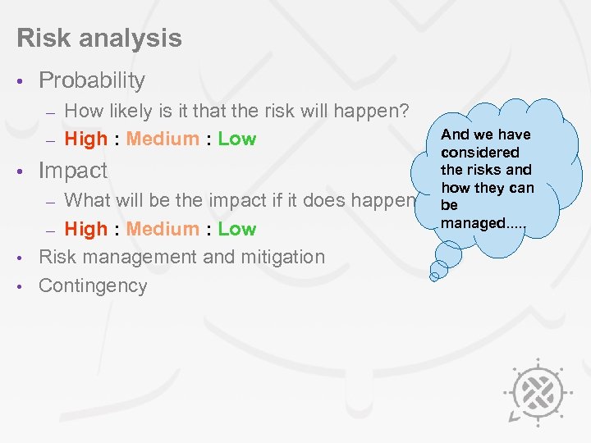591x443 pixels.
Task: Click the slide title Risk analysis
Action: point(98,38)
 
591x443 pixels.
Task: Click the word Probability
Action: point(92,80)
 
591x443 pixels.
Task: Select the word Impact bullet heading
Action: point(73,171)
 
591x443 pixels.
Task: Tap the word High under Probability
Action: point(85,139)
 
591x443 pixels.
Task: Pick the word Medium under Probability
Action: point(163,139)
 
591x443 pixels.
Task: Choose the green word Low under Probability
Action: point(237,139)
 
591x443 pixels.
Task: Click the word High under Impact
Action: point(85,229)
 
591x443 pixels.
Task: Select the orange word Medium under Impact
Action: point(163,229)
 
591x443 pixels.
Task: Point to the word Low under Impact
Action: point(237,229)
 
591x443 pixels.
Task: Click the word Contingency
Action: point(93,286)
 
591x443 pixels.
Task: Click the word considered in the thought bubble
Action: point(479,153)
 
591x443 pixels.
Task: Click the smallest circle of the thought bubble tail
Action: point(434,276)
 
